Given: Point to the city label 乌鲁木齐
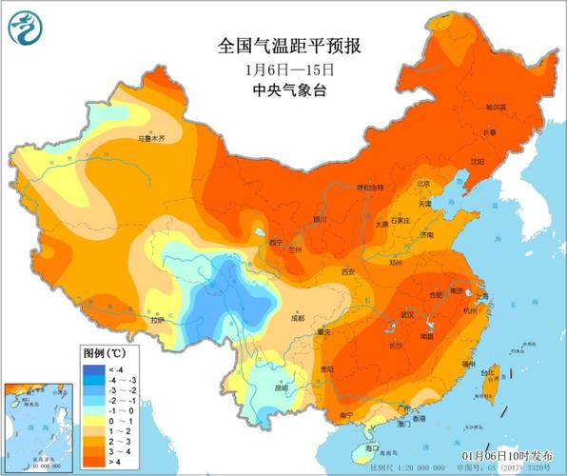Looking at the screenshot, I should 151,138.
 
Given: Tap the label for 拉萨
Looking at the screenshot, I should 155,320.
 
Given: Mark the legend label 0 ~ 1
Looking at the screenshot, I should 118,420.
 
